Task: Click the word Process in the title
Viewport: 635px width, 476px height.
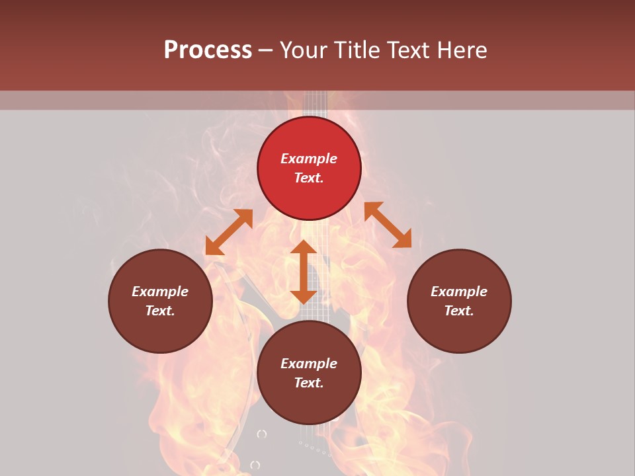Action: click(208, 50)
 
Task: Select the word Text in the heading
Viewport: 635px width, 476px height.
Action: click(407, 50)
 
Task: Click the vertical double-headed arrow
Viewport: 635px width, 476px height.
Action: click(304, 272)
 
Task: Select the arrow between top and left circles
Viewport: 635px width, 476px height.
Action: click(229, 232)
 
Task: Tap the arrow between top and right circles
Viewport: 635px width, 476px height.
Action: click(388, 225)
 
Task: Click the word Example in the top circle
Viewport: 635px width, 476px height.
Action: click(309, 159)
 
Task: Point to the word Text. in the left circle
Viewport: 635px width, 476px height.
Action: click(160, 311)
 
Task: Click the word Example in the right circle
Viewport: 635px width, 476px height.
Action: click(459, 292)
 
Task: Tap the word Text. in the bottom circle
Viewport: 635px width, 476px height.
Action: click(309, 383)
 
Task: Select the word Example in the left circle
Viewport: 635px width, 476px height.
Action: click(160, 292)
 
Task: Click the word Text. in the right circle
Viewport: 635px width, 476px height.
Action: click(459, 311)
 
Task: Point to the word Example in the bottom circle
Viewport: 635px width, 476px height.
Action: click(309, 364)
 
